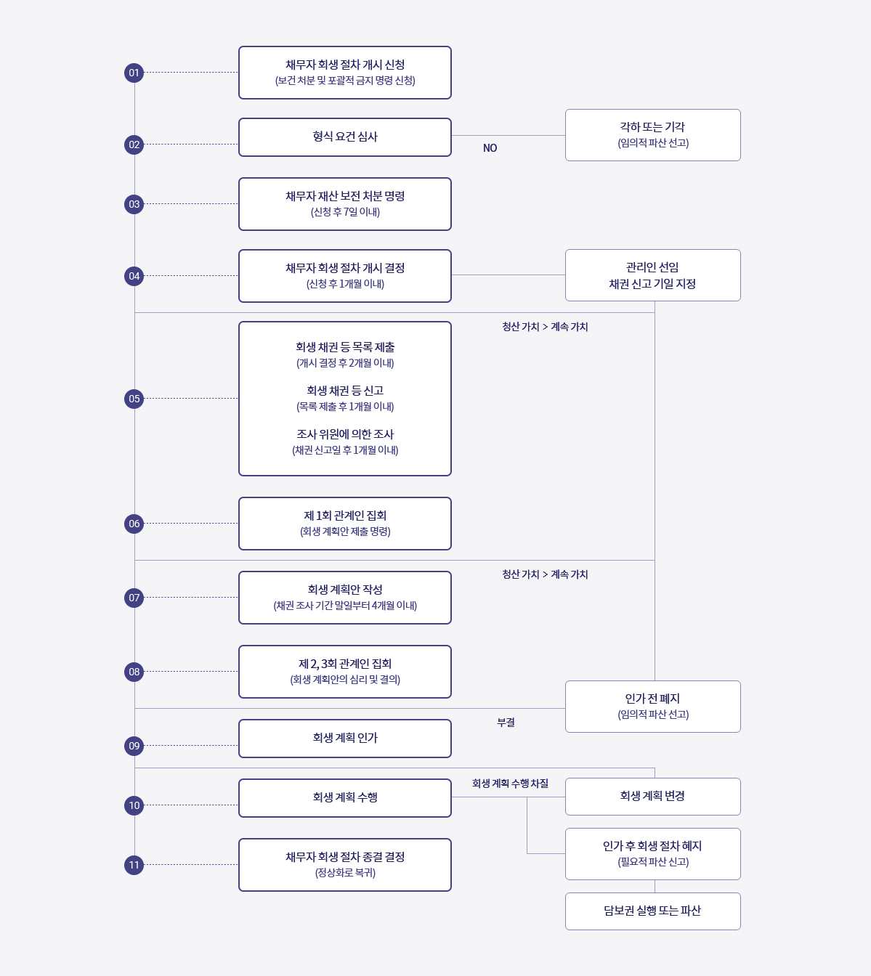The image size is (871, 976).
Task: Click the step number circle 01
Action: coord(134,73)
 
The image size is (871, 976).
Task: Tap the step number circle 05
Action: coord(134,399)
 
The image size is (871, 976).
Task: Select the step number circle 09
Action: coord(134,746)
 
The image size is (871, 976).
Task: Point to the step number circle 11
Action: coord(134,865)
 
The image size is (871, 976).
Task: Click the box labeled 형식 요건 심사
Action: coord(345,137)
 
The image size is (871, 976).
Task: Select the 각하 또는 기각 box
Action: coord(652,135)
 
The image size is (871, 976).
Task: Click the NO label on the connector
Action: coord(490,148)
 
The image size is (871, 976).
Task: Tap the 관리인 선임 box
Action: coord(652,275)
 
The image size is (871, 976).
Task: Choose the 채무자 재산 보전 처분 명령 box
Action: coord(345,204)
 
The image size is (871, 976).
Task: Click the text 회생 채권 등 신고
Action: coord(345,391)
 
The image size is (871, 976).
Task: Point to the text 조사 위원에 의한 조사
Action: coord(345,434)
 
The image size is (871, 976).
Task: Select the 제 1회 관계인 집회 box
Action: coord(345,524)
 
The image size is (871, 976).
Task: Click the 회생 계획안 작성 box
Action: coord(345,598)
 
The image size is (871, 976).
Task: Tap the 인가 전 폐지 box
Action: coord(652,707)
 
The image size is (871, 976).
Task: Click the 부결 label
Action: coord(506,723)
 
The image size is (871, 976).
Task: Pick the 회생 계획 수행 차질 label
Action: coord(510,784)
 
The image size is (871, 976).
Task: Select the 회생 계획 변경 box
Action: coord(652,797)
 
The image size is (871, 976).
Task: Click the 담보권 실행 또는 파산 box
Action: coord(652,911)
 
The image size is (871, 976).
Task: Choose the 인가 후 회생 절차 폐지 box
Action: coord(652,854)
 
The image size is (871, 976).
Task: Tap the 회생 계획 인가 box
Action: coord(345,739)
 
